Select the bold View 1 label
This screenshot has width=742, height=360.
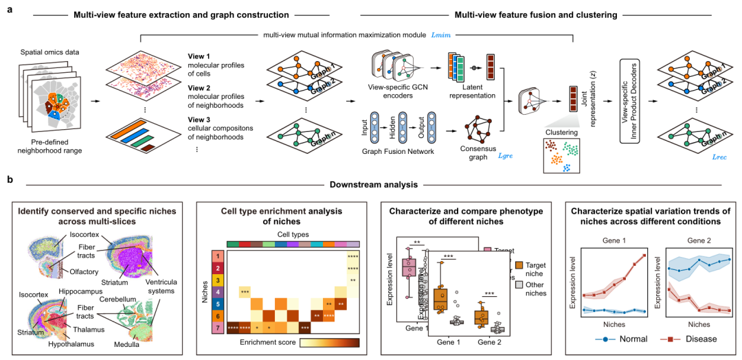(x=201, y=56)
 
